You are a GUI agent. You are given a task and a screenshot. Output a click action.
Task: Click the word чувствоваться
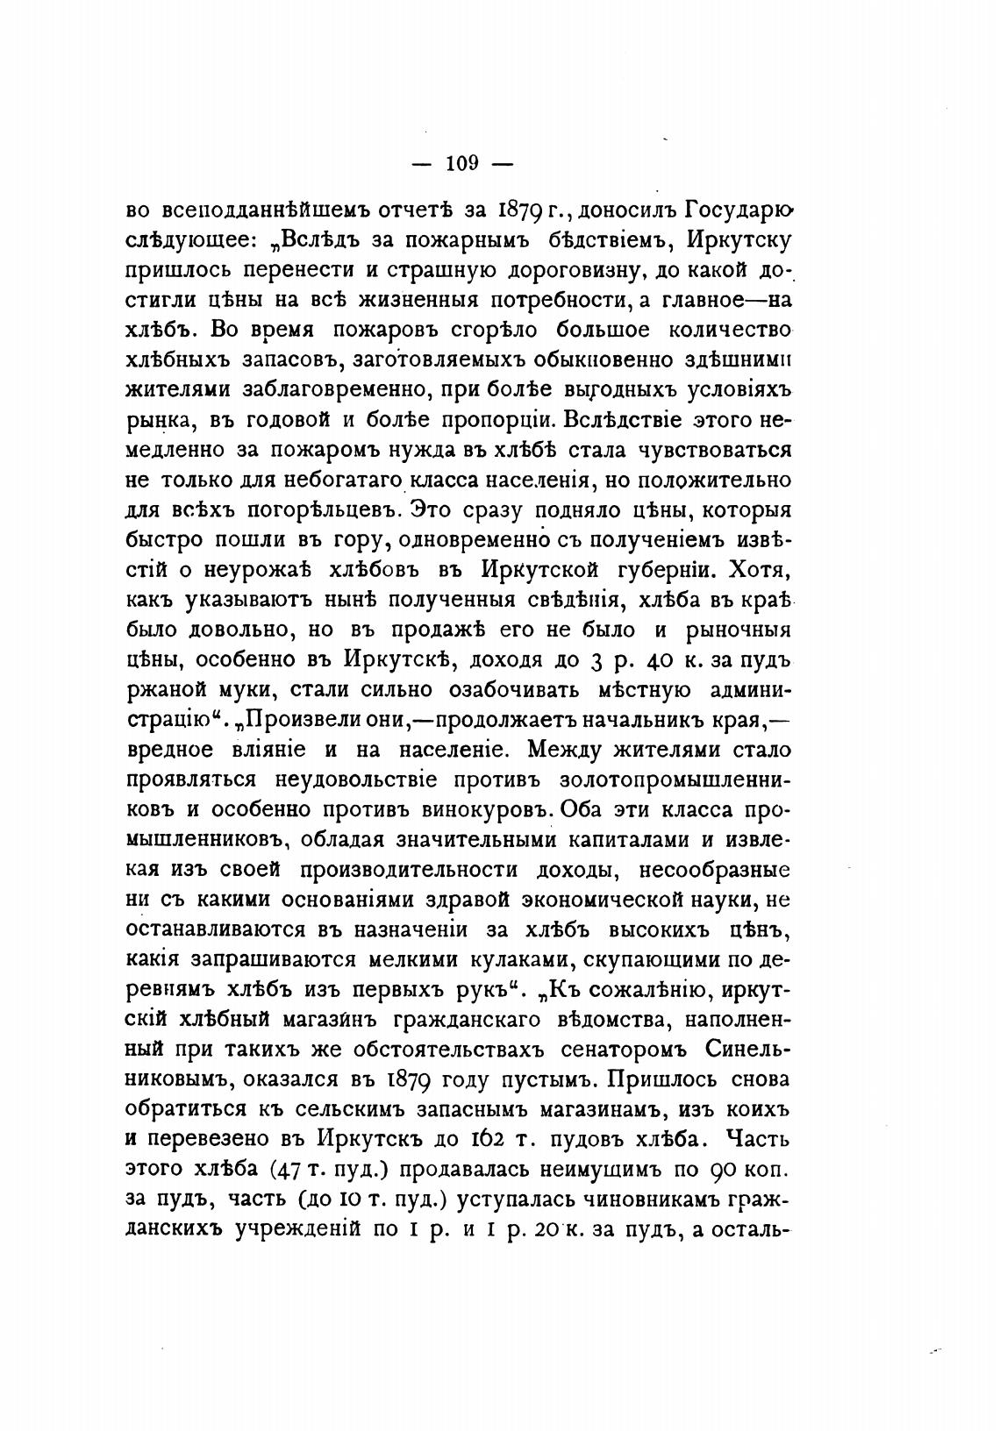click(711, 451)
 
